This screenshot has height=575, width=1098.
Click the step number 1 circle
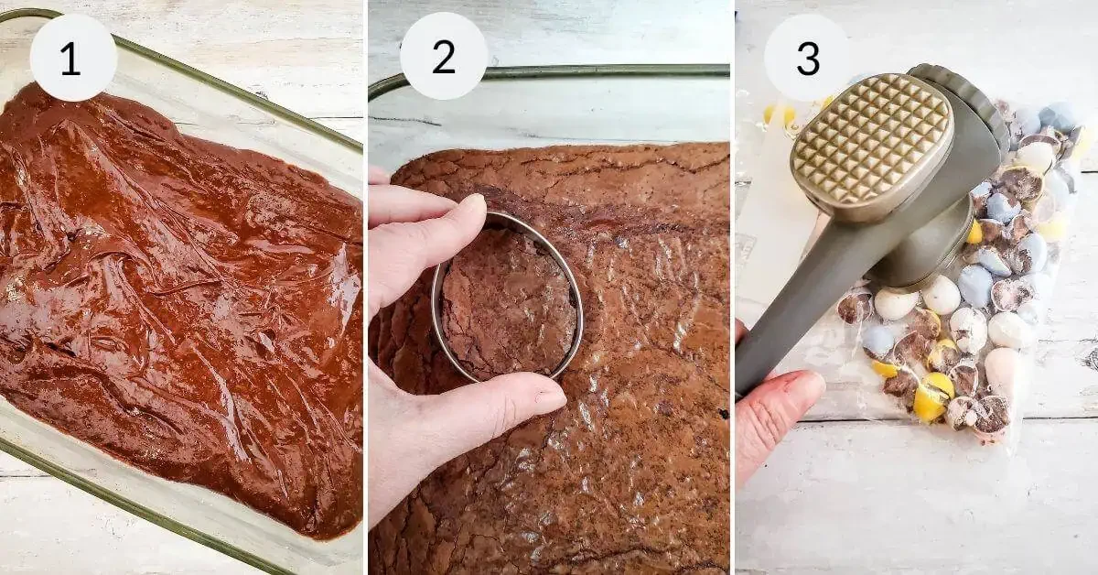(72, 58)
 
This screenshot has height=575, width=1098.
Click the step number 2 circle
(443, 57)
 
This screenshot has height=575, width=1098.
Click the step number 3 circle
(807, 58)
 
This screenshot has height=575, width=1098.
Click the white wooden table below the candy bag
(915, 504)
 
